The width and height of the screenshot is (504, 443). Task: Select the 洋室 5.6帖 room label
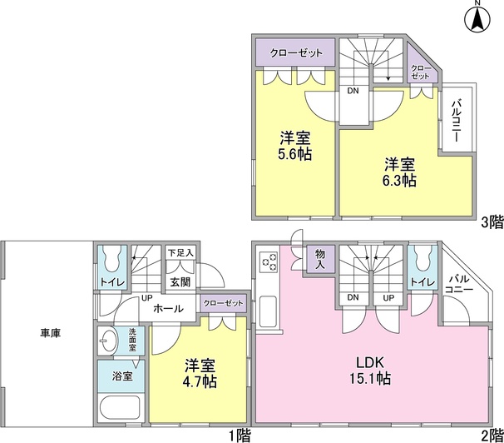(x=295, y=146)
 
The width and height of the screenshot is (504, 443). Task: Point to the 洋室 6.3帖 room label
(x=400, y=171)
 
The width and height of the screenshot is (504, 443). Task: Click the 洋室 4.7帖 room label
(x=200, y=371)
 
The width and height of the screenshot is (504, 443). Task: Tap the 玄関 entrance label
(x=181, y=282)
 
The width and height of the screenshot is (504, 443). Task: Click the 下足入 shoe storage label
(x=180, y=252)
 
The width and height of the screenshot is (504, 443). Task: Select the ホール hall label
(x=166, y=308)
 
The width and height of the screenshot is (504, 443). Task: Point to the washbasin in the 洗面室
(x=108, y=341)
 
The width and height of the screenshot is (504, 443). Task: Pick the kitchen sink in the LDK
(x=270, y=312)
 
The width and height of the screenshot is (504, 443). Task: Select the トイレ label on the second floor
(x=422, y=283)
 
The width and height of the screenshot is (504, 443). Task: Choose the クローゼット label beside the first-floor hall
(x=223, y=302)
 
